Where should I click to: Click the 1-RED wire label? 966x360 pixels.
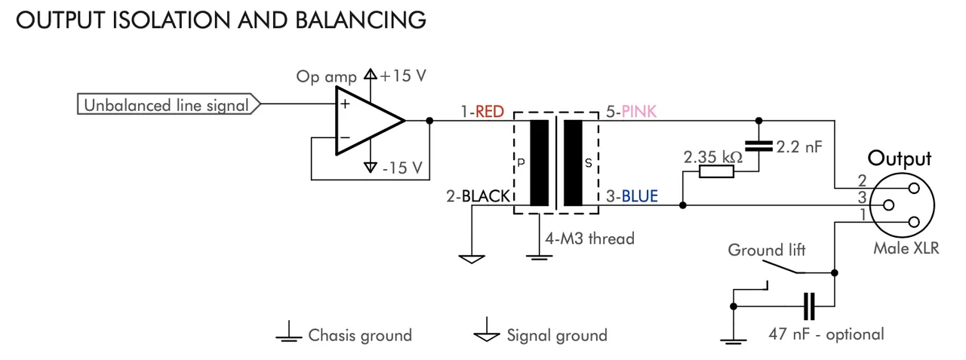point(481,112)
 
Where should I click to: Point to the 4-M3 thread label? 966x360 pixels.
point(589,238)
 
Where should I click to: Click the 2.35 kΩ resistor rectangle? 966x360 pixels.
point(716,172)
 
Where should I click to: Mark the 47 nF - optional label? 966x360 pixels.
point(826,333)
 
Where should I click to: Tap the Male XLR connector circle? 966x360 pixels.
point(903,205)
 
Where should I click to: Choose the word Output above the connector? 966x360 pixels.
point(900,159)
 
